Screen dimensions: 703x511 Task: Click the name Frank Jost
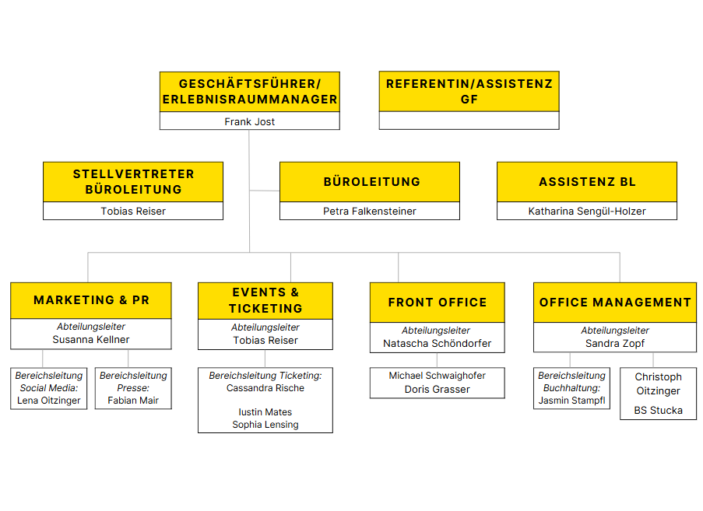click(249, 121)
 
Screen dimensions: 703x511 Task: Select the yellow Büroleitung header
click(370, 182)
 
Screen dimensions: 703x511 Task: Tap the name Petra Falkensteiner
click(370, 211)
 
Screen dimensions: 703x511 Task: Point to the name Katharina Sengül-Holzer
click(587, 211)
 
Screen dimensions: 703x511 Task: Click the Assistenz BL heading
click(587, 182)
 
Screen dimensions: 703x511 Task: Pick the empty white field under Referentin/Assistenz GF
click(469, 121)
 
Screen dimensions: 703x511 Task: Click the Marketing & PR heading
click(91, 300)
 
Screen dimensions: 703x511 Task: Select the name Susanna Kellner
click(91, 339)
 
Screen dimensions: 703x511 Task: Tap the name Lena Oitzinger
click(49, 401)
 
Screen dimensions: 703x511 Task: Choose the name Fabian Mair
click(133, 401)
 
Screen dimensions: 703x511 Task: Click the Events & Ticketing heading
click(265, 300)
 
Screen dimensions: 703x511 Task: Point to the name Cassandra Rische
click(265, 388)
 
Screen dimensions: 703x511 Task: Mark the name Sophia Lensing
click(265, 425)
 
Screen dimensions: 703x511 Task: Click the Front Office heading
click(437, 303)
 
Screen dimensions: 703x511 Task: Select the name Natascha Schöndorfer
click(437, 343)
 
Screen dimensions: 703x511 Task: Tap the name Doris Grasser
click(437, 389)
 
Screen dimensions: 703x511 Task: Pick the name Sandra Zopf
click(615, 343)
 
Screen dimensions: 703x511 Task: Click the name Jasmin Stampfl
click(571, 401)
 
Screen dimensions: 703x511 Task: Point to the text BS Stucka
click(658, 410)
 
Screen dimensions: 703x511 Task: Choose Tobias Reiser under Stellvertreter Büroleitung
click(133, 211)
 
